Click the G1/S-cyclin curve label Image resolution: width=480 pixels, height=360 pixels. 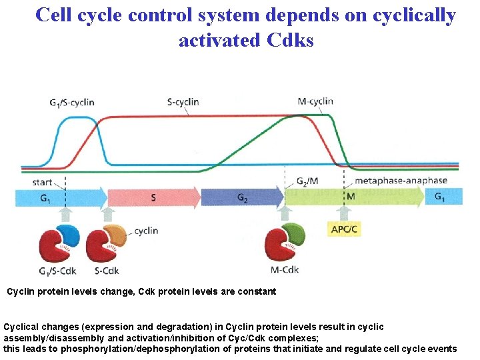(71, 102)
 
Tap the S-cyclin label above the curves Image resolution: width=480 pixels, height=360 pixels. (183, 102)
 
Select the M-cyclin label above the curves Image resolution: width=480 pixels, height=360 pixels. (315, 101)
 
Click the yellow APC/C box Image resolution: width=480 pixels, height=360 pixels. (344, 229)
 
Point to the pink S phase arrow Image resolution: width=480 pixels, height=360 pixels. (153, 197)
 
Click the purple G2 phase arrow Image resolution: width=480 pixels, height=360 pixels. (242, 197)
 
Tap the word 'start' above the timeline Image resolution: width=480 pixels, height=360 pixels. (42, 181)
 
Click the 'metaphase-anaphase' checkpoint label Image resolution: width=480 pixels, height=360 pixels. (400, 181)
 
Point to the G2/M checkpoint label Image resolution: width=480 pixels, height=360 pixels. (306, 181)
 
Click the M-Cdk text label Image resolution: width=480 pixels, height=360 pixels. (285, 270)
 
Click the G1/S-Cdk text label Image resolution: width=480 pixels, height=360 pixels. (58, 270)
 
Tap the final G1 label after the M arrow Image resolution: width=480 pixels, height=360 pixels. (441, 197)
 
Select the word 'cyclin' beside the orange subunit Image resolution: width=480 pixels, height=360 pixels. (146, 231)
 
